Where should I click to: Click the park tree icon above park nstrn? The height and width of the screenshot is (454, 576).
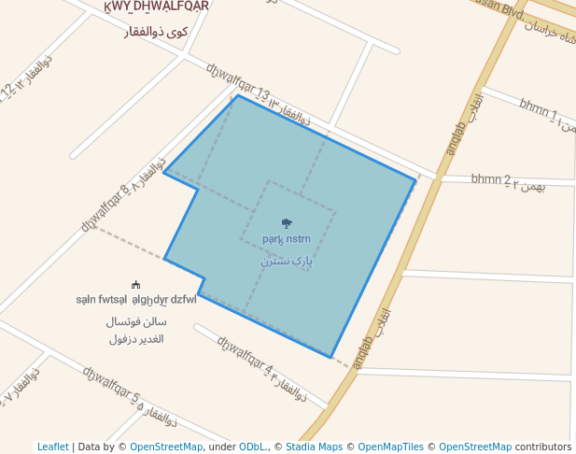[286, 222]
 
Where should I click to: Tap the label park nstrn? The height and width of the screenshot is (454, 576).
[286, 239]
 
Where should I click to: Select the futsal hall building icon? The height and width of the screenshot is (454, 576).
[136, 285]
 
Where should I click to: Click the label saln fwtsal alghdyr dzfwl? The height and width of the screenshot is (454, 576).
[136, 300]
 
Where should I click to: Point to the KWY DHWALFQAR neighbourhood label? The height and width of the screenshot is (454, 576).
[156, 7]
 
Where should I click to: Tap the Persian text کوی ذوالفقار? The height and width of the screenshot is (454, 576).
[156, 32]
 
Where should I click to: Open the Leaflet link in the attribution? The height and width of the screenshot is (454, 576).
[52, 447]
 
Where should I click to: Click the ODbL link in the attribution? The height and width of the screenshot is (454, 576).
[251, 447]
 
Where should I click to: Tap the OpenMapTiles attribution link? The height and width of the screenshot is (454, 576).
[390, 447]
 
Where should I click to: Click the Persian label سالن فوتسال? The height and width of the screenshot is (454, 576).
[137, 321]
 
